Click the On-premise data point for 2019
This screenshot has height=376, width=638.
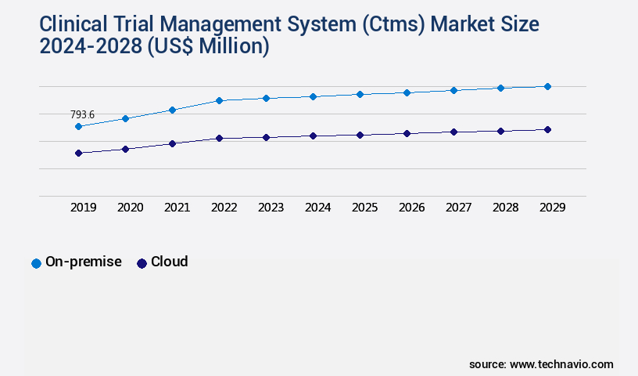[x=78, y=126]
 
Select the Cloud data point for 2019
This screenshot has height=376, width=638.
[x=78, y=153]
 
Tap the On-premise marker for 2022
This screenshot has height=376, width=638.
[x=219, y=100]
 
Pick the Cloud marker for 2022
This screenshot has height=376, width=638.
[x=219, y=138]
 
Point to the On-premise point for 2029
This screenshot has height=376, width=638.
[x=547, y=86]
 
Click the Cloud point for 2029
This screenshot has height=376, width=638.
[x=547, y=129]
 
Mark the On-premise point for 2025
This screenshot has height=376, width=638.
[x=360, y=94]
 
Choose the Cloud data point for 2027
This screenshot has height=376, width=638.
[x=453, y=132]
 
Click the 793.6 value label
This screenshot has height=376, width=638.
[x=82, y=114]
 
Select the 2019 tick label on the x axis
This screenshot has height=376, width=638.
[x=84, y=208]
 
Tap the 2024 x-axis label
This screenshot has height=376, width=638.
[x=318, y=208]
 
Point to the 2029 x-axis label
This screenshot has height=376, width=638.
[x=553, y=208]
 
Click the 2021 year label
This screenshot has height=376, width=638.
[x=177, y=208]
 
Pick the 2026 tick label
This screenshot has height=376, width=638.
[x=412, y=208]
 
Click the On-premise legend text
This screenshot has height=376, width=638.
[x=84, y=262]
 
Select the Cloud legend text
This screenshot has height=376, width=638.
[x=169, y=262]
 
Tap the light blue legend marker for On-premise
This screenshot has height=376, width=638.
[x=36, y=263]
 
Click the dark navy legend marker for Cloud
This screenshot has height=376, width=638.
[x=142, y=263]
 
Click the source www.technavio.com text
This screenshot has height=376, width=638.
[x=541, y=364]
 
